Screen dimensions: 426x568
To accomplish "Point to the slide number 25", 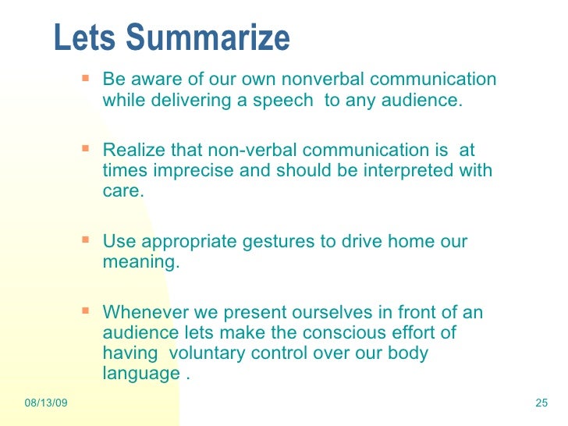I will [543, 403].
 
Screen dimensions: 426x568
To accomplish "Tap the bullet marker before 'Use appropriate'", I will [86, 240].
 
